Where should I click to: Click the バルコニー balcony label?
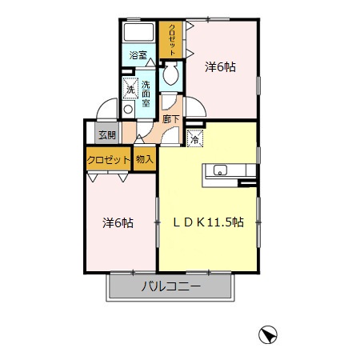click(170, 286)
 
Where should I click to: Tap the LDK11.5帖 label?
click(208, 222)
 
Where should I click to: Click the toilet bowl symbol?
click(170, 74)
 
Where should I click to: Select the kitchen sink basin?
click(220, 170)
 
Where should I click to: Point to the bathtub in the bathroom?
click(138, 32)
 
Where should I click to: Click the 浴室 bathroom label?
click(138, 55)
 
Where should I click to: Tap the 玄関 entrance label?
click(107, 135)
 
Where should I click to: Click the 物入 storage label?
click(145, 159)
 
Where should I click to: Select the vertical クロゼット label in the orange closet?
click(172, 40)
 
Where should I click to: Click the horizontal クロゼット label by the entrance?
click(108, 160)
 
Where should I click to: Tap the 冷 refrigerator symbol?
click(195, 138)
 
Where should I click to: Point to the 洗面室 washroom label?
click(146, 94)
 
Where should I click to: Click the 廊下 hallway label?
click(170, 119)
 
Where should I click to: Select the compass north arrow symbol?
click(268, 334)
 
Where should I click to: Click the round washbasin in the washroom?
click(128, 110)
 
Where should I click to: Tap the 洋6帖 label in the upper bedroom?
click(220, 67)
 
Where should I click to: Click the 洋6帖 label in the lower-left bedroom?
click(118, 223)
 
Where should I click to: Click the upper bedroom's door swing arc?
click(200, 103)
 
